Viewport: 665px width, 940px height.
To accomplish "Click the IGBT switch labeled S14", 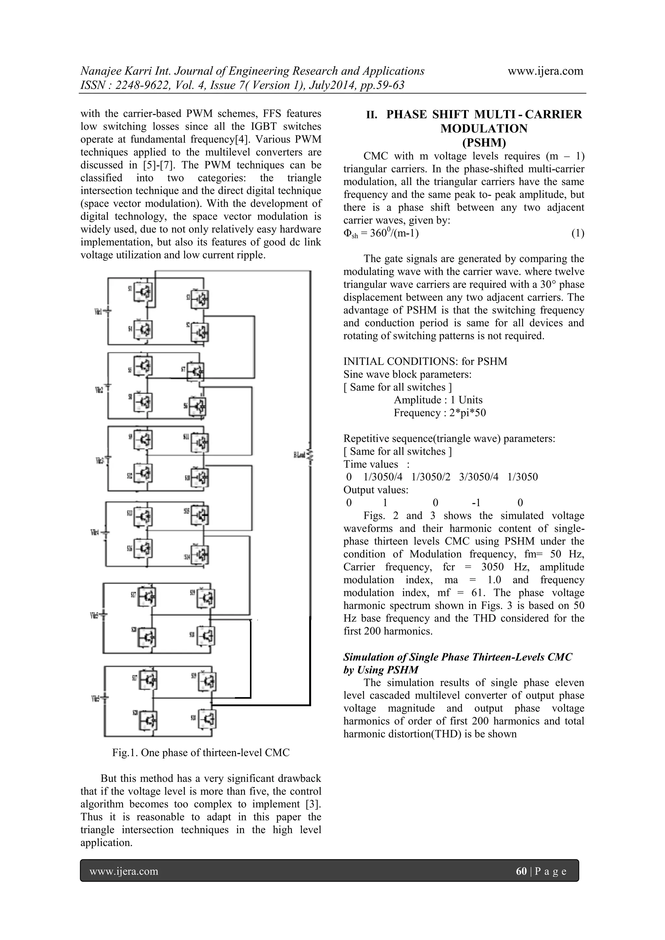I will point(201,555).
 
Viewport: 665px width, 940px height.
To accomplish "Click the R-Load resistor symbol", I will point(310,455).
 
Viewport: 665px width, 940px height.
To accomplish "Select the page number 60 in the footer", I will point(521,871).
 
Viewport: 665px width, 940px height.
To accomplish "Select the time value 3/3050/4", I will point(479,477).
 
